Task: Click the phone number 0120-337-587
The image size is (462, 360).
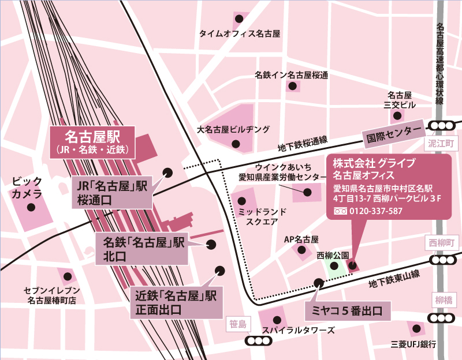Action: tap(375, 211)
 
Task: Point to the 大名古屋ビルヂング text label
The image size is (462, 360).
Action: tap(233, 129)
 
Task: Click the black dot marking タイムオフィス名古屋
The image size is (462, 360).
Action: tap(238, 18)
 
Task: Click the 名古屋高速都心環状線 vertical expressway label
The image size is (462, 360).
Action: tap(440, 63)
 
